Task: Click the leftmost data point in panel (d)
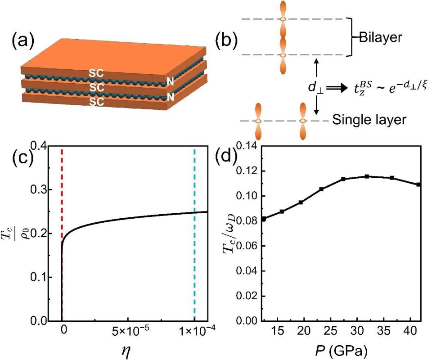264,219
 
